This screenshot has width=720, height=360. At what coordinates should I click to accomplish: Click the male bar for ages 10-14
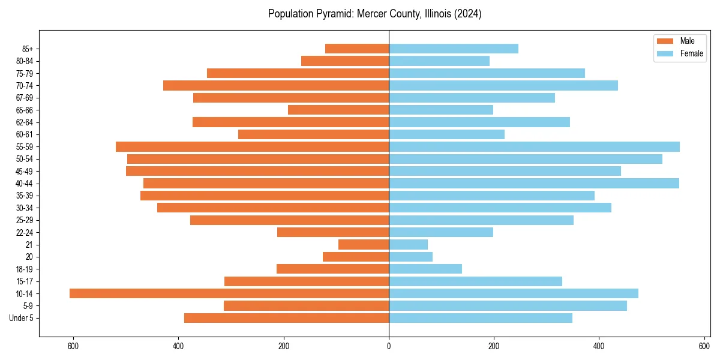click(229, 293)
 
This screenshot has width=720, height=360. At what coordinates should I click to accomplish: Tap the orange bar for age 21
click(364, 244)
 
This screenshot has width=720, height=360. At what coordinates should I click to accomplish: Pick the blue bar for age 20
click(410, 257)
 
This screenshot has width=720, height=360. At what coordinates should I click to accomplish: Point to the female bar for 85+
click(454, 49)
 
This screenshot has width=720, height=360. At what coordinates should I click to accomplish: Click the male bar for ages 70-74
click(276, 85)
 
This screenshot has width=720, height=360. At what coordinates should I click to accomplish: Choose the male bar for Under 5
click(286, 318)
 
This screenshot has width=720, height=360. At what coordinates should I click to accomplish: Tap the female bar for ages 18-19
click(425, 269)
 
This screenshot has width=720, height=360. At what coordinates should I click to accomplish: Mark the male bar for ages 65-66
click(338, 110)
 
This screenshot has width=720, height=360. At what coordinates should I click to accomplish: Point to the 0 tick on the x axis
click(389, 346)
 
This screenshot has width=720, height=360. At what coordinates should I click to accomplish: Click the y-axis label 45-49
click(25, 171)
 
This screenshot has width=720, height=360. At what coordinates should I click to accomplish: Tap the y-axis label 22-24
click(25, 232)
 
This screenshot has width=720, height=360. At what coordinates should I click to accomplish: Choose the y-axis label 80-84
click(25, 61)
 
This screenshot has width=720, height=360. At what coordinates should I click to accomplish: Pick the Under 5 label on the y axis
click(22, 318)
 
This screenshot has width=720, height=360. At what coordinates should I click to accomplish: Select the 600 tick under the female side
click(704, 346)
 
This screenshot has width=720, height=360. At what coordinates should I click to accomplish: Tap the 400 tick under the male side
click(178, 346)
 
